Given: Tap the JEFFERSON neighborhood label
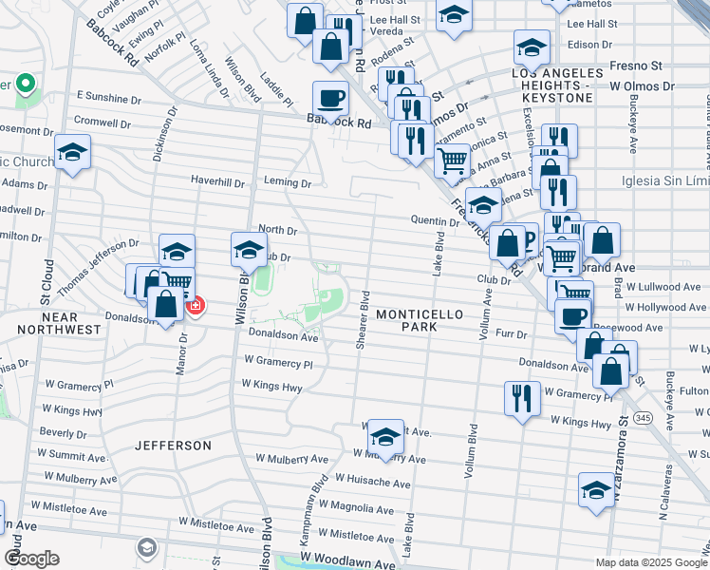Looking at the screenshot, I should pos(173,445).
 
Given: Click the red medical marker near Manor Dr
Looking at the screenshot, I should pos(196,306).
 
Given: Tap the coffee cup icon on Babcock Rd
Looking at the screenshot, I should pos(331,97).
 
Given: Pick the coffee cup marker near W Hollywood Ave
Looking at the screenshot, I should pos(572,315).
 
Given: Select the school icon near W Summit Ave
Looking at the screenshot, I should pos(385,436).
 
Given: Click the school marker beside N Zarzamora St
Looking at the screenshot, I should pos(596,490).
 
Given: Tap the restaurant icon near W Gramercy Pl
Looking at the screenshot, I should pos(522,396).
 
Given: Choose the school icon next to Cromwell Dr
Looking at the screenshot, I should pos(72,152).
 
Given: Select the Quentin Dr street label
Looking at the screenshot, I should pos(435,220).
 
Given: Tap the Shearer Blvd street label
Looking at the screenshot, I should pos(363,321).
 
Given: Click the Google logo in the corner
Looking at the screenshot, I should pos(31,559).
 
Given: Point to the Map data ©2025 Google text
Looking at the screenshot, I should pos(649,562).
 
